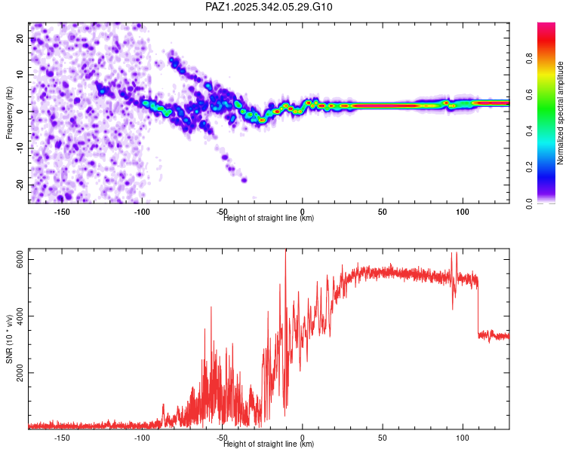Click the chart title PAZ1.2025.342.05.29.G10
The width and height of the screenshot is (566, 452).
pyautogui.click(x=269, y=7)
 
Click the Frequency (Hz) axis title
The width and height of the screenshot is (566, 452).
pyautogui.click(x=10, y=113)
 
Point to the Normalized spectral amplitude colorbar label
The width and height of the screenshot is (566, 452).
pyautogui.click(x=560, y=113)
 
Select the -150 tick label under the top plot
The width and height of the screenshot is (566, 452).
pyautogui.click(x=62, y=211)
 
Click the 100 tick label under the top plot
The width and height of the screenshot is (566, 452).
pyautogui.click(x=463, y=211)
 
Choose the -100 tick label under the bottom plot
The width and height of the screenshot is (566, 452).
pyautogui.click(x=142, y=437)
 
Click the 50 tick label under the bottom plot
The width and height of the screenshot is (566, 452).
pyautogui.click(x=383, y=437)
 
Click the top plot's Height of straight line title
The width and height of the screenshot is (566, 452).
pyautogui.click(x=269, y=218)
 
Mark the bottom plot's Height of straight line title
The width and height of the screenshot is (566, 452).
pyautogui.click(x=269, y=444)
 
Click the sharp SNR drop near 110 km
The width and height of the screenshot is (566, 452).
pyautogui.click(x=478, y=309)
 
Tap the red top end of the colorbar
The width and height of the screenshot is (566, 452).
pyautogui.click(x=546, y=27)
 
